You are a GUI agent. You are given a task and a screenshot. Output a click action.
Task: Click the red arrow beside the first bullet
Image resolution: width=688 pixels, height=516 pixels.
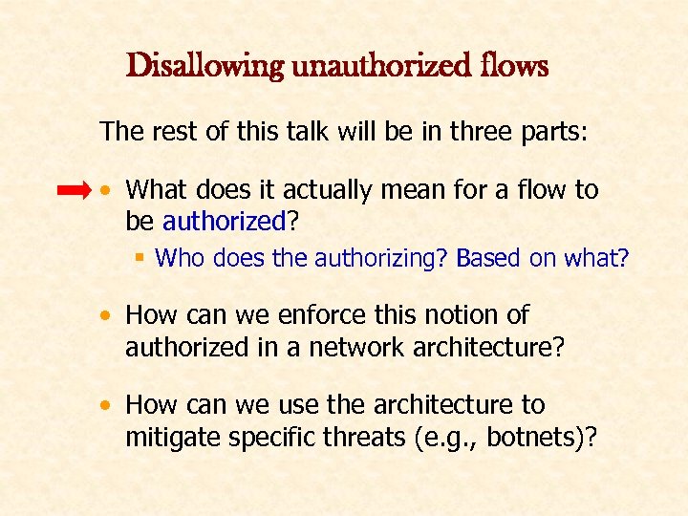point(75,191)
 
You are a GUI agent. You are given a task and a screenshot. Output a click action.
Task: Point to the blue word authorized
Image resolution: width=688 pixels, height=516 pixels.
point(225,222)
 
